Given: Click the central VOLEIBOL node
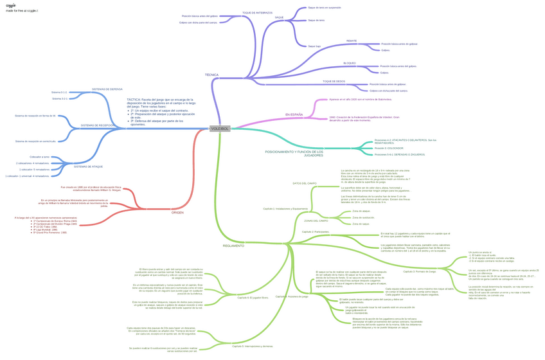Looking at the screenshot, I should pos(219,129).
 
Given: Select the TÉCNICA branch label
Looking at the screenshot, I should pos(211,75).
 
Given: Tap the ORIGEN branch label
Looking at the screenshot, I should pos(177,212).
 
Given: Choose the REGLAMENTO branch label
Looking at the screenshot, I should pos(233,246).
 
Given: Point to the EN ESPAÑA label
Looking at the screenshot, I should pos(294,114).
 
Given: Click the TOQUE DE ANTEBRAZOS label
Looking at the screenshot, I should pos(257,12).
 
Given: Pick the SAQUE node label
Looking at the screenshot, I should pos(279,17).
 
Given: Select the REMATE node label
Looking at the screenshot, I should pos(352,40).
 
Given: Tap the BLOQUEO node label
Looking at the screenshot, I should pos(350,63).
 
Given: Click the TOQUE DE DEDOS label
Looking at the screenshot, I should pos(334,82).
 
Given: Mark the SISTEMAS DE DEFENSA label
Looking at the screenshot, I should pos(107,89).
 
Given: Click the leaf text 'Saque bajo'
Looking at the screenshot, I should pos(314,46).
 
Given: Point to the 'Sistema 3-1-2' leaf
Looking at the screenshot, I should pos(60,93).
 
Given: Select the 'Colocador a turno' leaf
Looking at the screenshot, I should pos(39,157).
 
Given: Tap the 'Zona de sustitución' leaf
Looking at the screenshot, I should pos(362,217).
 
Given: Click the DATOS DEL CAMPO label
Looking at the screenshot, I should pos(305,183).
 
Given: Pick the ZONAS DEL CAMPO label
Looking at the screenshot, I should pos(316,221).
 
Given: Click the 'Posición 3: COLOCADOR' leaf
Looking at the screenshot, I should pos(389,148).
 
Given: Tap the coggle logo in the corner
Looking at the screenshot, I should pos(11,5).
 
